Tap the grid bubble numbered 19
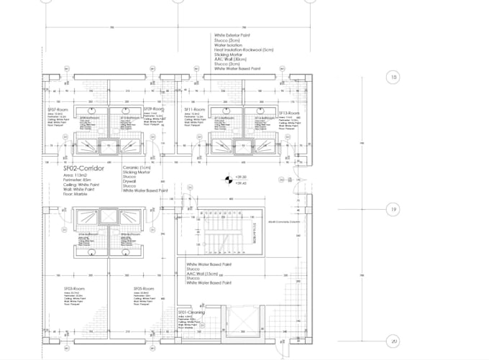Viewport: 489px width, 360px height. coord(393,210)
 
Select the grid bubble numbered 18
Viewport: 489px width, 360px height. coord(393,78)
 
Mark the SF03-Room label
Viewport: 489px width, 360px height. coord(75,288)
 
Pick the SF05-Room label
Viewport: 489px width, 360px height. coord(145,288)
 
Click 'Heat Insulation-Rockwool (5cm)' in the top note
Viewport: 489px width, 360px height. coord(244,50)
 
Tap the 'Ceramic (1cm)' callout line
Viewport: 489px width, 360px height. coord(140,167)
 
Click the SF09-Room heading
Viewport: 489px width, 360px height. coord(154,109)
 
